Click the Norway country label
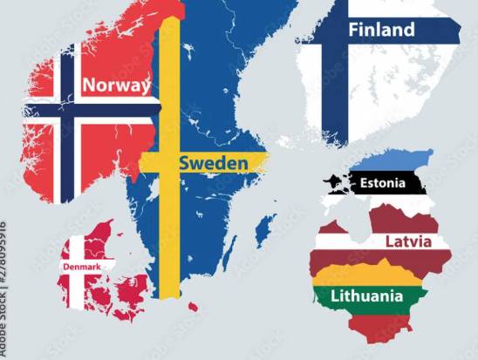coord(116,85)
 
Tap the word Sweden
coord(213,163)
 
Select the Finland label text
coord(381,30)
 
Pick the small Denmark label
coord(82,266)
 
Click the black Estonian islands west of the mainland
coord(334,184)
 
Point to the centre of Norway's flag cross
coord(65,106)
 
